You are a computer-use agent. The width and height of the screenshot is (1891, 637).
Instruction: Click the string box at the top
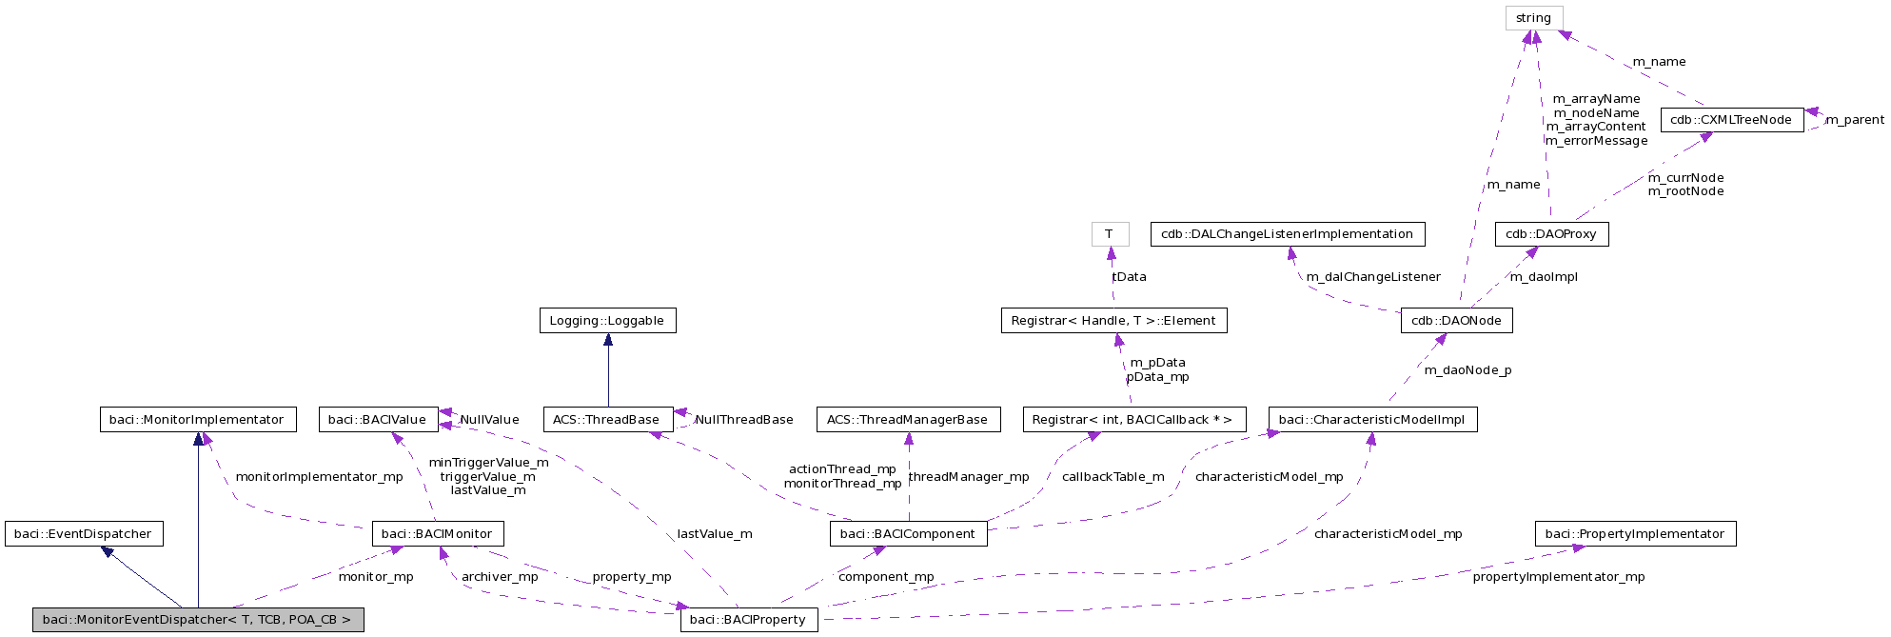click(1533, 18)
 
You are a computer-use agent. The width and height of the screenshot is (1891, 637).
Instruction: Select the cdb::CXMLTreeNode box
click(1731, 120)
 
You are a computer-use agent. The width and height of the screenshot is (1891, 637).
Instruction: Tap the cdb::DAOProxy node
click(1550, 234)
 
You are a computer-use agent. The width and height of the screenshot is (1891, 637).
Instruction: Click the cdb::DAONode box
click(1456, 321)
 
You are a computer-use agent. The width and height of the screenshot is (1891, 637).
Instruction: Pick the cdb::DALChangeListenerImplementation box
click(1287, 234)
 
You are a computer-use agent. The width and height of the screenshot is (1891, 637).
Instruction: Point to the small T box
click(1109, 234)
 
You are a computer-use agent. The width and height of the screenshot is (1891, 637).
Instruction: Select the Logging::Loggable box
click(607, 321)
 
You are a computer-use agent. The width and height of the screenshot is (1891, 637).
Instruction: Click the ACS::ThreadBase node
click(606, 420)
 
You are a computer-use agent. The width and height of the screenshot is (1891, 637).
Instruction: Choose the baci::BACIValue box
click(378, 420)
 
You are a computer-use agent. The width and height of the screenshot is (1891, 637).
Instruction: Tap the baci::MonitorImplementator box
click(197, 420)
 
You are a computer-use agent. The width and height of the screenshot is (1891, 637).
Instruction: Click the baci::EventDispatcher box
click(84, 534)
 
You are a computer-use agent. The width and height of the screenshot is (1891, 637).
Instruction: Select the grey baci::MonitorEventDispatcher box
click(197, 620)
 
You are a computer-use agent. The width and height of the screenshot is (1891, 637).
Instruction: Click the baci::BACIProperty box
click(748, 620)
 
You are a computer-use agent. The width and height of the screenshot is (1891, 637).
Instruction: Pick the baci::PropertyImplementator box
click(1634, 534)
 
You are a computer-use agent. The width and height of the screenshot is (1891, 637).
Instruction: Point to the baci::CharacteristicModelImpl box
click(1371, 420)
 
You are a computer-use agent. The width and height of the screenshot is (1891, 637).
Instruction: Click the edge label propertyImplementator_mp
click(1558, 577)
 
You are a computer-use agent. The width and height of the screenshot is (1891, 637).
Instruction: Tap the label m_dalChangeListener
click(1372, 277)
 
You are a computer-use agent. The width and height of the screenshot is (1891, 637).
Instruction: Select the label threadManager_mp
click(969, 477)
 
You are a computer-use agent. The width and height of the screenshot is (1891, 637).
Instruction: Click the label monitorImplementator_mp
click(319, 477)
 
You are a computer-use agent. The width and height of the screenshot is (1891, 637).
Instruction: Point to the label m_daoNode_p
click(1467, 370)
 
